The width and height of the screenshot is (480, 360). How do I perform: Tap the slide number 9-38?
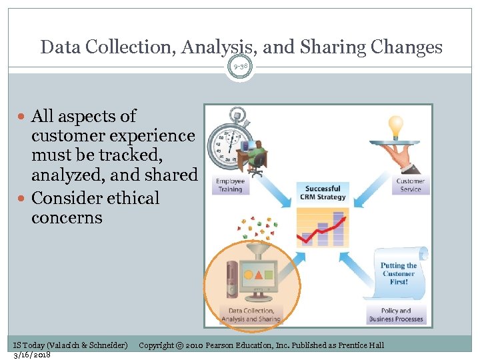click(x=240, y=66)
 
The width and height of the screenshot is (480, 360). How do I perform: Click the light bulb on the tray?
click(x=396, y=125)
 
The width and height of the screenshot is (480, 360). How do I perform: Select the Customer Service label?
click(x=410, y=185)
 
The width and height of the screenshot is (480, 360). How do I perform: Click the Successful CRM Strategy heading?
click(x=323, y=192)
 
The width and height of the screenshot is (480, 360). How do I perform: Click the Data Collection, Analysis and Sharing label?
click(x=251, y=315)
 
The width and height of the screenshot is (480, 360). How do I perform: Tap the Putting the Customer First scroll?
click(x=399, y=273)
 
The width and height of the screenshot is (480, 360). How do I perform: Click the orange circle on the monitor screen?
click(x=248, y=274)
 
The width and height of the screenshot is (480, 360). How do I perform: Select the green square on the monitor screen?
click(x=269, y=274)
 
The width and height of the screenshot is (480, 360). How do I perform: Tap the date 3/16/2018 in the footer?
click(x=32, y=355)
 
